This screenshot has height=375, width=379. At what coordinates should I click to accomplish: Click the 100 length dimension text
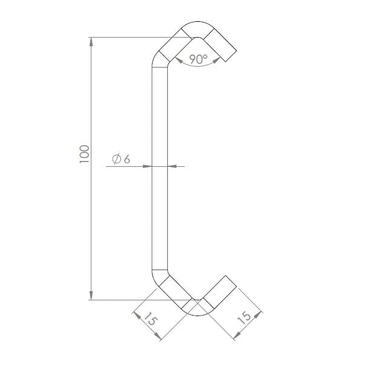[84, 154]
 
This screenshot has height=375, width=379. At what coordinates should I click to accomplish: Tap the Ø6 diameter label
[121, 159]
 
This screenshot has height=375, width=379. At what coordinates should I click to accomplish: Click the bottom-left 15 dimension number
[150, 320]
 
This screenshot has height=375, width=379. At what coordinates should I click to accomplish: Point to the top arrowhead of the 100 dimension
[91, 42]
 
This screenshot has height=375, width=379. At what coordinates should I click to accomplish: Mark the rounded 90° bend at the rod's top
[195, 29]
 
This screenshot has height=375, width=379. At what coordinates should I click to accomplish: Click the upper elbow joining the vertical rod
[159, 59]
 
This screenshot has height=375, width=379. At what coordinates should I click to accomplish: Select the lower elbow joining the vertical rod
[159, 278]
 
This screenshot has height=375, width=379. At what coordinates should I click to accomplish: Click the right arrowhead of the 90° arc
[217, 58]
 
